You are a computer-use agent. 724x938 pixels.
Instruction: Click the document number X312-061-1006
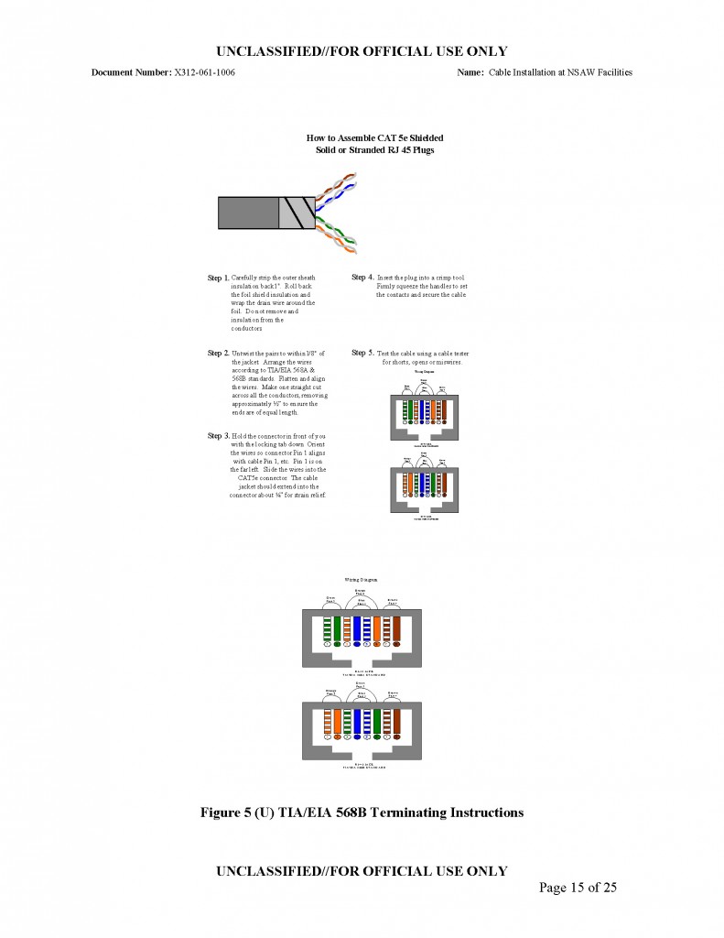(x=204, y=72)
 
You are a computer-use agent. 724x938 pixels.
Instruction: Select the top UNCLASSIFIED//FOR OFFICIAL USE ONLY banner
(x=362, y=51)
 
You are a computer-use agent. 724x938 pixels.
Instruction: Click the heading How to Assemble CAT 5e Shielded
(x=374, y=137)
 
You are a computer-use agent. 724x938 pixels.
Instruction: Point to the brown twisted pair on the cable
(x=334, y=188)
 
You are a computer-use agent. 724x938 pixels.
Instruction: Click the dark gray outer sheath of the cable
(x=247, y=213)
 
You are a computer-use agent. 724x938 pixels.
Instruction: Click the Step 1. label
(x=218, y=278)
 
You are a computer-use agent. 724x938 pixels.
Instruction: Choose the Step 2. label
(x=218, y=353)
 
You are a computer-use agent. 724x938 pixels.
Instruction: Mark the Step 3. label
(x=218, y=436)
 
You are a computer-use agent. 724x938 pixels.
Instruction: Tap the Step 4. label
(x=362, y=278)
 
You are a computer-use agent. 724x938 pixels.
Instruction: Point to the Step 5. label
(x=362, y=353)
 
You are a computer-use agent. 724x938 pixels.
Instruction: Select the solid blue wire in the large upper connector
(x=356, y=630)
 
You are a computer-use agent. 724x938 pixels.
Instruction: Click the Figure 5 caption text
(x=362, y=812)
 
